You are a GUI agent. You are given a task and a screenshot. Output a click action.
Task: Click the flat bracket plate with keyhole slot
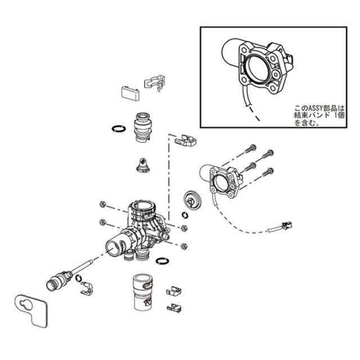pos(31,308)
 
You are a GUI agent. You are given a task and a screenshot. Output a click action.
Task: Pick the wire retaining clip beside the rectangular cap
pos(155,83)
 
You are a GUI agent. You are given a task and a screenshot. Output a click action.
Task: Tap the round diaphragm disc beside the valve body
pos(192,199)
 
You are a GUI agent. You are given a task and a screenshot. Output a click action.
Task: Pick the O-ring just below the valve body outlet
pos(161,260)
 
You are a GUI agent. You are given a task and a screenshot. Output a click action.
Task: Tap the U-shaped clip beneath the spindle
pos(84,290)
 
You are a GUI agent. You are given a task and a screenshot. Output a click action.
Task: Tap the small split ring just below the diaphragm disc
pos(186,214)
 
